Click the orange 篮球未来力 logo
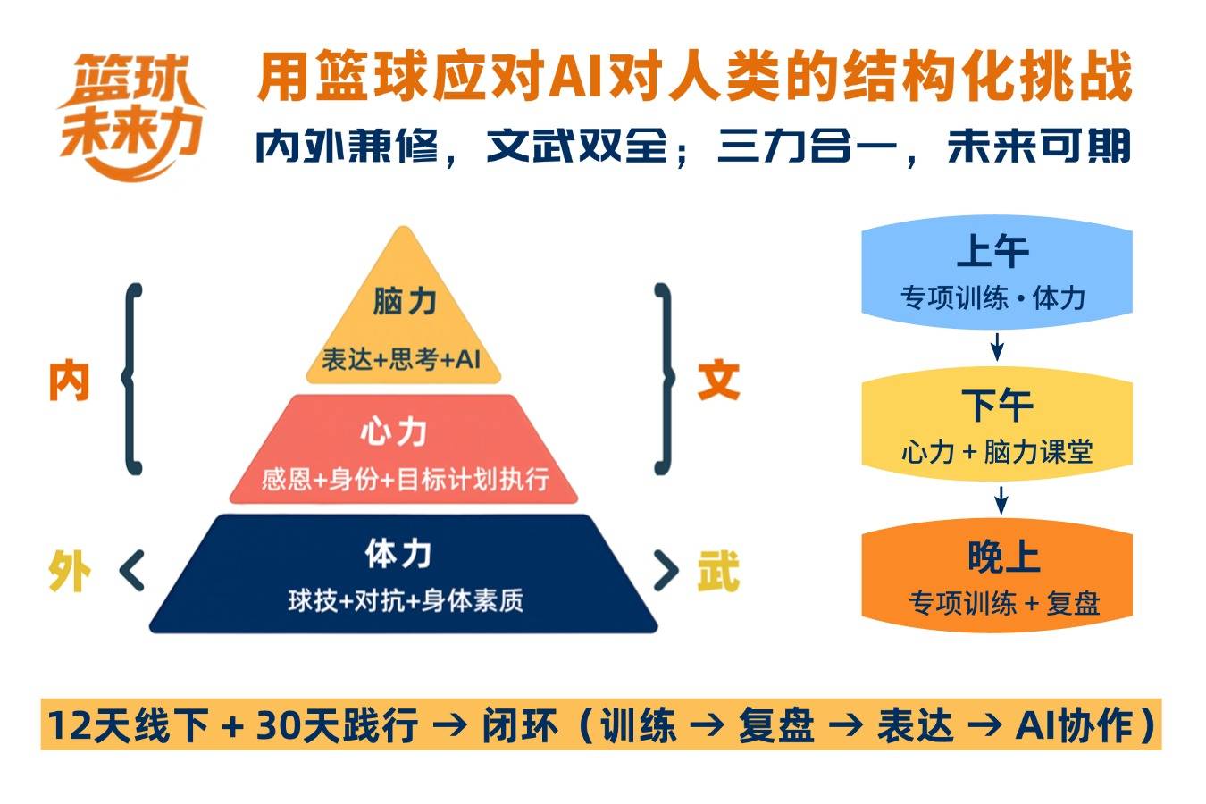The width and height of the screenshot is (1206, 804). tap(131, 116)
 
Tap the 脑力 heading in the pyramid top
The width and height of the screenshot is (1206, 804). tap(405, 301)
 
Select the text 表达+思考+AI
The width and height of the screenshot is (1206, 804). tap(401, 359)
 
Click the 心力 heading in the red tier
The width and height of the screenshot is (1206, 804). tap(394, 431)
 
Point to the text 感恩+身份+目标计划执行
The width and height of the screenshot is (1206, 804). tap(405, 479)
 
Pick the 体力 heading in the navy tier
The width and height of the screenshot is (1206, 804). tap(398, 554)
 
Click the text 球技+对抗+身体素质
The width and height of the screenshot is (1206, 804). tap(405, 600)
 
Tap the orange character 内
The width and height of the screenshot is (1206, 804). tap(69, 381)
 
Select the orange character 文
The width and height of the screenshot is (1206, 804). tap(719, 381)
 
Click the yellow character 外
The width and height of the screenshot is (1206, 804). tap(70, 571)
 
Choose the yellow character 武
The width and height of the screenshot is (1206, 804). tap(719, 571)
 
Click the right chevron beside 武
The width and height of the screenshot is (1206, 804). tap(666, 570)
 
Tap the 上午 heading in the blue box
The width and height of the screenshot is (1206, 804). tap(993, 251)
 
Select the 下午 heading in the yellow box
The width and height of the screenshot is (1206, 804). tap(997, 405)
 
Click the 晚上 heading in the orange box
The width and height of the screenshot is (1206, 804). tap(1003, 557)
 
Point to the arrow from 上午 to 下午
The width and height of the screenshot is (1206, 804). tap(997, 347)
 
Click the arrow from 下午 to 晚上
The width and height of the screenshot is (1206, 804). tap(1001, 500)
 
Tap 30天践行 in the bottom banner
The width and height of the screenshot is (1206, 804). tap(337, 724)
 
